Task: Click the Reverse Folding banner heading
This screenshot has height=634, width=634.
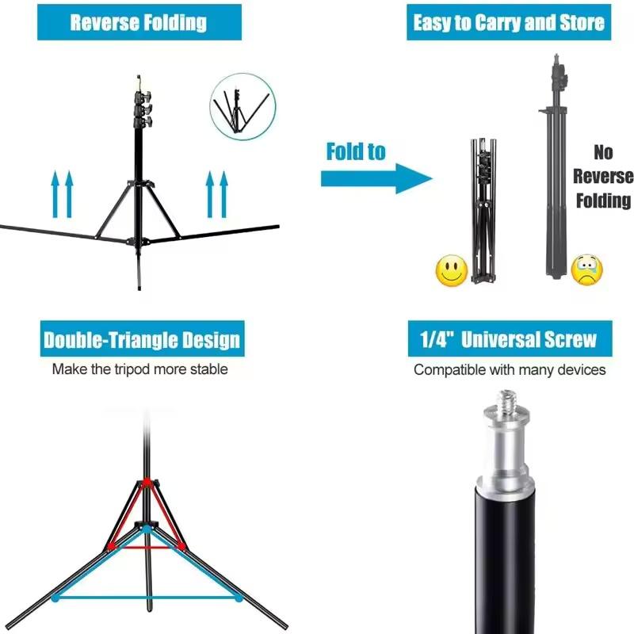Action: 139,21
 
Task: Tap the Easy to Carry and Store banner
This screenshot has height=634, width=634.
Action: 509,21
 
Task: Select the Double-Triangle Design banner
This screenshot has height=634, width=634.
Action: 141,341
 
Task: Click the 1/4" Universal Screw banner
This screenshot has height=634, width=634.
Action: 508,341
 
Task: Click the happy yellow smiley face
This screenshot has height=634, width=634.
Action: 450,272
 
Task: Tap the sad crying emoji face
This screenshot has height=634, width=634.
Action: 587,270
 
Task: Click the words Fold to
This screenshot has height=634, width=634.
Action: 355,151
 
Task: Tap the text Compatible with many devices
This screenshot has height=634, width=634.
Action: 509,370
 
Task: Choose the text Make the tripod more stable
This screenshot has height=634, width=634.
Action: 140,369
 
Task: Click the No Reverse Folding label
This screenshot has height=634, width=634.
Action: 603,176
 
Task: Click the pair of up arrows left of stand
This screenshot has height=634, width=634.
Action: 62,194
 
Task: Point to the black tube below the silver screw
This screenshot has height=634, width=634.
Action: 507,555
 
